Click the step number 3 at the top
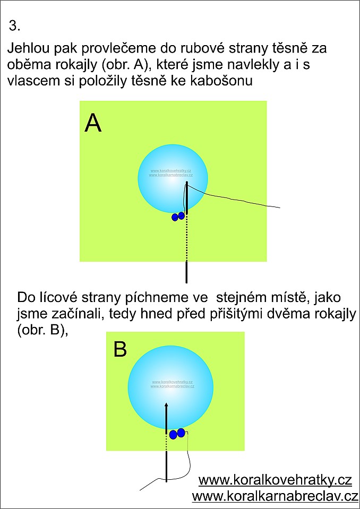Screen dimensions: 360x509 pos(15,27)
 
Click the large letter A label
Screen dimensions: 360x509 pos(93,124)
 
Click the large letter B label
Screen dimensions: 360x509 pos(120,349)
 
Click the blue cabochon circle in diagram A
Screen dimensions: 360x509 pos(173,178)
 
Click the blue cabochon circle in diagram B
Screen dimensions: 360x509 pos(171,388)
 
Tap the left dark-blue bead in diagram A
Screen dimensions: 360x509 pos(175,217)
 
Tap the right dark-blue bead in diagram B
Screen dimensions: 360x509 pos(181,432)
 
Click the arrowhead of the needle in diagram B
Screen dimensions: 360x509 pos(166,405)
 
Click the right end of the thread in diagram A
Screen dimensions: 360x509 pos(280,208)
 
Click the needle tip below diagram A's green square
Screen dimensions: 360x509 pos(187,282)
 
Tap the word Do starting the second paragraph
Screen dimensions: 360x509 pos(24,297)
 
